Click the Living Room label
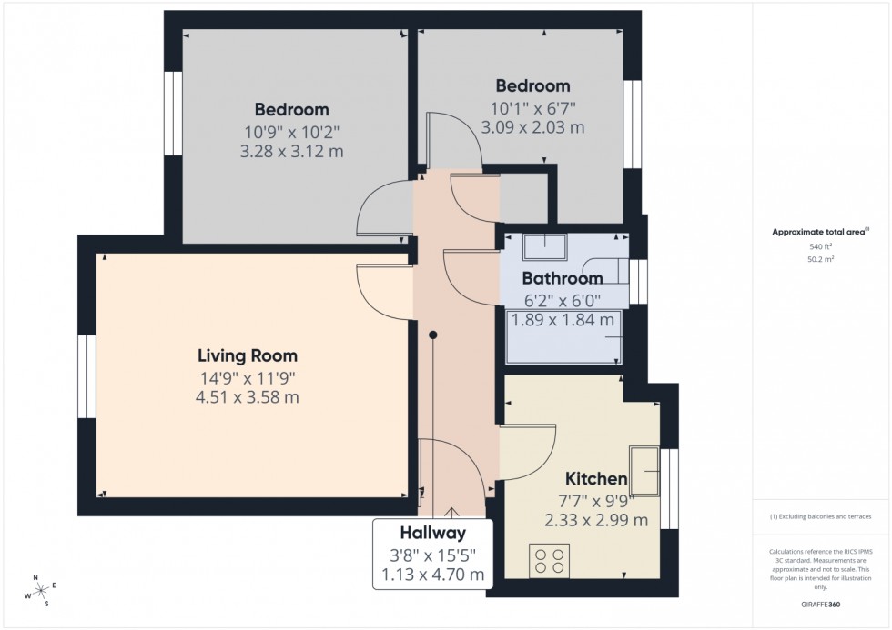(x=248, y=355)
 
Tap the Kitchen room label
(x=596, y=479)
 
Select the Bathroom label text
(x=563, y=279)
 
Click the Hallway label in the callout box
(x=432, y=534)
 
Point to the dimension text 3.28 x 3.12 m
(x=291, y=151)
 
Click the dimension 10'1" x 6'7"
(x=532, y=107)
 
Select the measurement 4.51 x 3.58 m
(x=248, y=397)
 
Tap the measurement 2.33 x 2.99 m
(x=596, y=521)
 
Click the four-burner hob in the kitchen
(x=550, y=560)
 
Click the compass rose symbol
(x=39, y=592)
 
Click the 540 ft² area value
(x=821, y=246)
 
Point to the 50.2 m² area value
(x=821, y=259)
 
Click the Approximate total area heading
(x=819, y=232)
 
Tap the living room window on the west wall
(x=87, y=376)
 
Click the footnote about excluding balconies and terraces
(x=821, y=516)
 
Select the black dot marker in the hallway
(x=434, y=335)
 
